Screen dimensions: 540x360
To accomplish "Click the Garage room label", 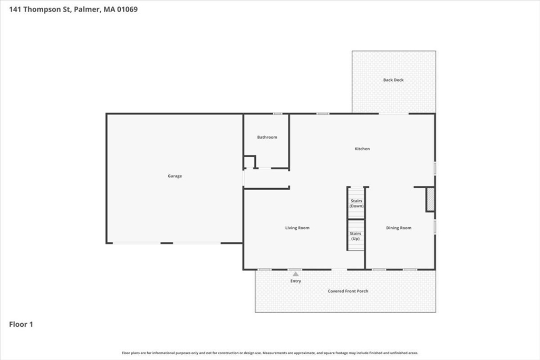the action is tap(175, 176).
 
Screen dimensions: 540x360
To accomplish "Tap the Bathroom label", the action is tap(267, 137).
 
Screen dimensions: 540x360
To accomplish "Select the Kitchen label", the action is tap(362, 149).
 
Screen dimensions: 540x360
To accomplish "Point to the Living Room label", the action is tap(297, 228).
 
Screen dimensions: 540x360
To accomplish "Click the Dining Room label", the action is tap(399, 228).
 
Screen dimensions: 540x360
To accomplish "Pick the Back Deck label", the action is tap(393, 80).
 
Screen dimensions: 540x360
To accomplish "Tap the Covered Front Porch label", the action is tap(348, 291).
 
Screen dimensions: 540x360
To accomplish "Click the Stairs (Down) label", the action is tap(356, 203).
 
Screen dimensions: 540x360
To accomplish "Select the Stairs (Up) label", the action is tap(355, 236).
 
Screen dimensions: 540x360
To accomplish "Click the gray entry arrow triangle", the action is tap(295, 274).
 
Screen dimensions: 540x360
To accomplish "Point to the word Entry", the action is tap(295, 281).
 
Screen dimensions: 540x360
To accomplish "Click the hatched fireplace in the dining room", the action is tap(430, 199).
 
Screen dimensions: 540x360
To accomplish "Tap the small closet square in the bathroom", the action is tap(249, 162).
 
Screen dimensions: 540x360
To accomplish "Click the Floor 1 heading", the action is tap(21, 324).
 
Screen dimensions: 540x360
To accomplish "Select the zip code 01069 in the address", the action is tap(128, 9).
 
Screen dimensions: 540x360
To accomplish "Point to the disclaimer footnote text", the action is tap(270, 353).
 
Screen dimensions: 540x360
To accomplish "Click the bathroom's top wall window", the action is tap(277, 113).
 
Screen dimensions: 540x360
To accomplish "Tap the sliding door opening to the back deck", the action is tap(393, 113).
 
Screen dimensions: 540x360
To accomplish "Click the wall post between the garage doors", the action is tap(167, 243).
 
